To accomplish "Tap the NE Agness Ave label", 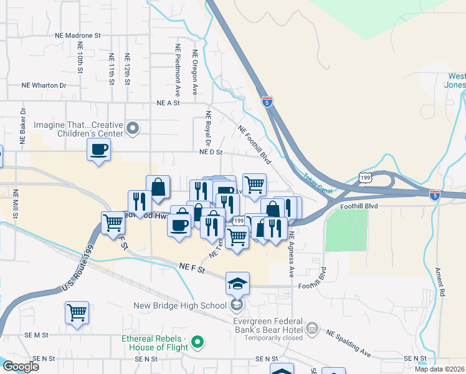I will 291,254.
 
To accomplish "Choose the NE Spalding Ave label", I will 349,342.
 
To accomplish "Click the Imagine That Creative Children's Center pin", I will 132,129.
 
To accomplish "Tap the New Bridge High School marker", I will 237,305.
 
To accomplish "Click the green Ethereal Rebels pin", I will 198,342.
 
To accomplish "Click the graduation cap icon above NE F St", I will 237,284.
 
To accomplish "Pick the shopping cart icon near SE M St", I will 77,312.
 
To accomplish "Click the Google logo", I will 20,366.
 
